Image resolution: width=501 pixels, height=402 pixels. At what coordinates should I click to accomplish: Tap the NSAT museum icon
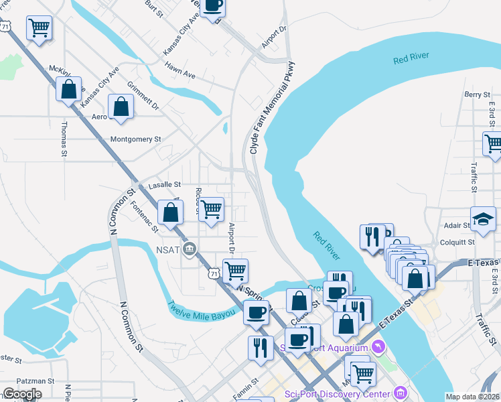[x=190, y=249]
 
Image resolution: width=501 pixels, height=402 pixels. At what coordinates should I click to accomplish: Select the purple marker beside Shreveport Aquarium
[x=379, y=347]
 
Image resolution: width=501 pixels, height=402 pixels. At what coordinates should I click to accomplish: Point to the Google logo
[x=22, y=394]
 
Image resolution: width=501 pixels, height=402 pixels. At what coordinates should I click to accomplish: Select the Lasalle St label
[x=164, y=184]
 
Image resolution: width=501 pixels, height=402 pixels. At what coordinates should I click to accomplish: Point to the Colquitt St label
[x=457, y=242]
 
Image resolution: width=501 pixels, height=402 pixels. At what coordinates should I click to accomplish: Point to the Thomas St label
[x=64, y=139]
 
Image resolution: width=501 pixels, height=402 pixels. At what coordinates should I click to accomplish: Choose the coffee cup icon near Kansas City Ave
[x=212, y=6]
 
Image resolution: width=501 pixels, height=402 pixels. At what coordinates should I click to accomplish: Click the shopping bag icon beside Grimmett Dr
[x=121, y=107]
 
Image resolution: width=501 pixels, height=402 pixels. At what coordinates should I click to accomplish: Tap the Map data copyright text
[x=472, y=397]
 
